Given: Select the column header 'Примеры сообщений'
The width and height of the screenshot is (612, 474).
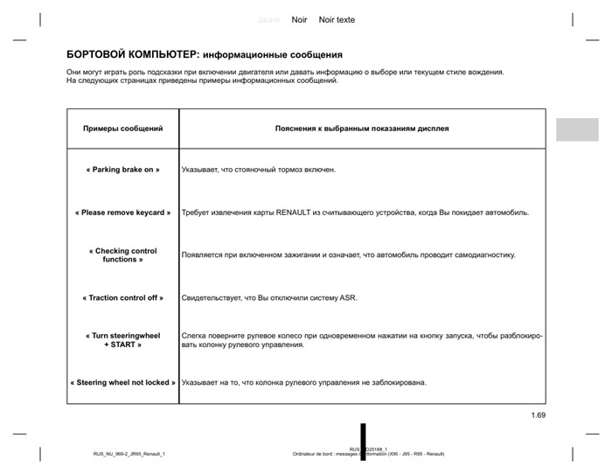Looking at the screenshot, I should pos(122,129).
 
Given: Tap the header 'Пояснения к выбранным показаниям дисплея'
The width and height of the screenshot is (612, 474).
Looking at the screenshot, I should pos(362,129).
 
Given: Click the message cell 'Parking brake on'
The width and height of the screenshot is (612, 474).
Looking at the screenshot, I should pos(123,170).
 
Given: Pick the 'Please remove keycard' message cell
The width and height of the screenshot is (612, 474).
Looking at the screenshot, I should pos(123,213).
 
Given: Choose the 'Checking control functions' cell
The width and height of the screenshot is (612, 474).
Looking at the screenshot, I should pos(123,255).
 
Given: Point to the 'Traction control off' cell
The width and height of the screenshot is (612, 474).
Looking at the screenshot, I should pos(123,298).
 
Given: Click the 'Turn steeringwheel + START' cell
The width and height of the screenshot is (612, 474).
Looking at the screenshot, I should pos(123,340).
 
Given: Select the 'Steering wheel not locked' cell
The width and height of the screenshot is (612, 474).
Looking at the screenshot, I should pos(123,383).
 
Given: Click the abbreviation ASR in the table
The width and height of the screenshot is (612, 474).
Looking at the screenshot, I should pos(348,298).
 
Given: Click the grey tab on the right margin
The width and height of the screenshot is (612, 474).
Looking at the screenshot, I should pos(577,129).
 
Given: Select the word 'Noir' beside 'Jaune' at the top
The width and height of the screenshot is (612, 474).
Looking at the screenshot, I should pos(299,19).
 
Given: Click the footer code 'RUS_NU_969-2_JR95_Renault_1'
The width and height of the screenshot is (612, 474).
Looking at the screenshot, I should pos(129,454).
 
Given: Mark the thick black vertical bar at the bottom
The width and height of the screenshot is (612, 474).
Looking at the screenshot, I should pos(363,442).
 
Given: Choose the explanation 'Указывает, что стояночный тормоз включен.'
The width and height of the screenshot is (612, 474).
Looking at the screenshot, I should pos(259,170).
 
